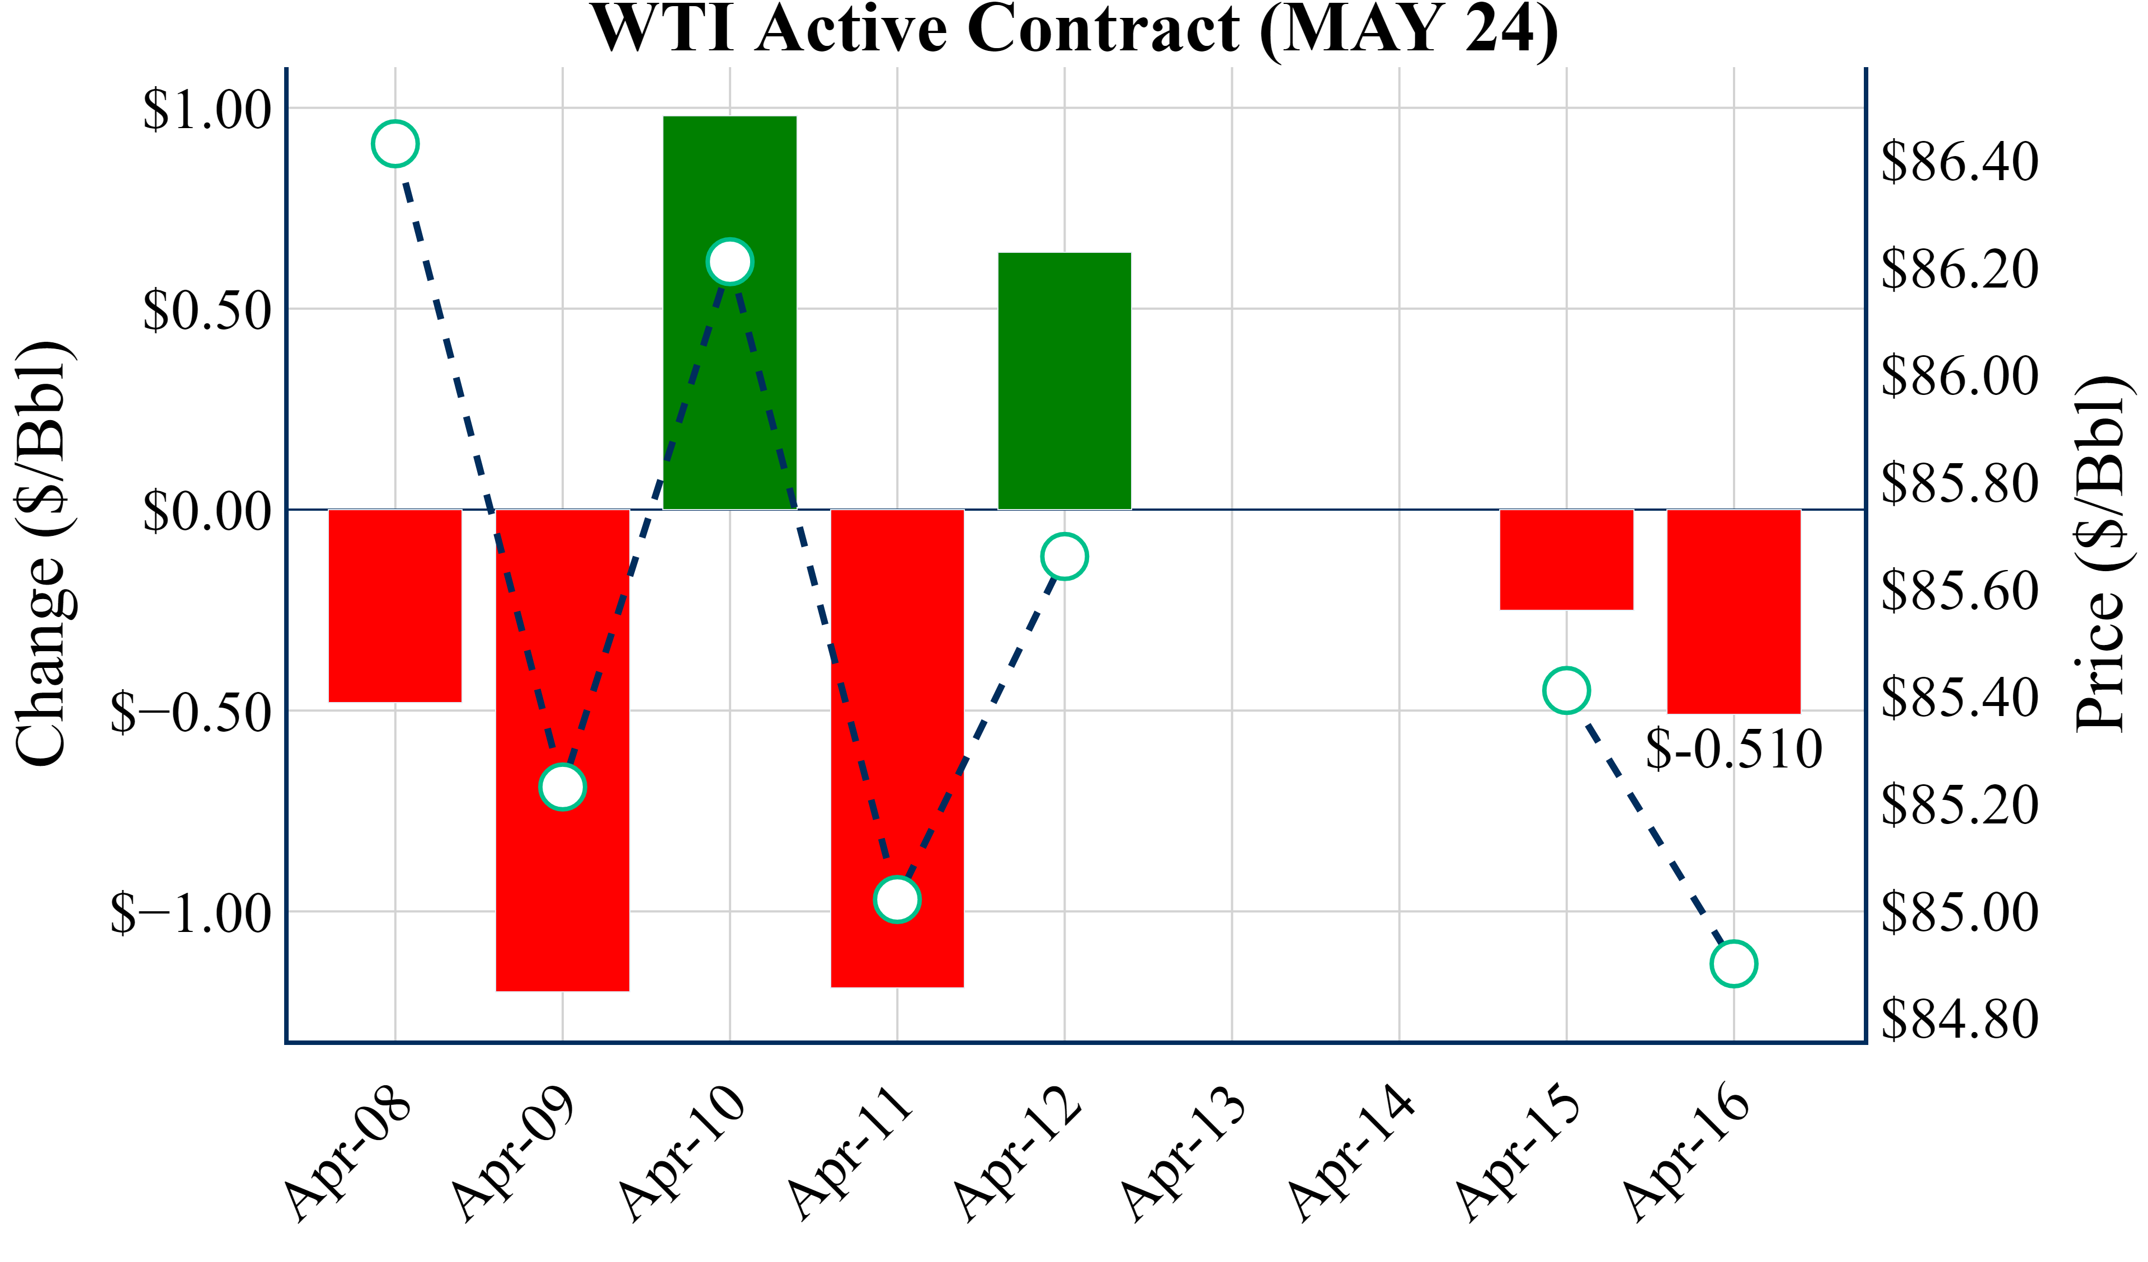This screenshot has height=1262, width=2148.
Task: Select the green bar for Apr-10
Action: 729,384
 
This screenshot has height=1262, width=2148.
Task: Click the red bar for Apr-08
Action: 395,605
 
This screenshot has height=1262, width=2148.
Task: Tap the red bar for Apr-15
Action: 1567,559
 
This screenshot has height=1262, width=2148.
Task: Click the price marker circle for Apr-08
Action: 395,144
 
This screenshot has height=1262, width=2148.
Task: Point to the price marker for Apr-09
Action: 563,786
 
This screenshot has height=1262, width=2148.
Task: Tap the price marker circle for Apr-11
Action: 897,900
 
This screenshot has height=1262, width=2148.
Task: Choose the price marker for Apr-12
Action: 1064,557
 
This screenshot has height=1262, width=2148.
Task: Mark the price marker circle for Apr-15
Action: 1567,690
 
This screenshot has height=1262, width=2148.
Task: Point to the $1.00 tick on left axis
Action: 207,109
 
